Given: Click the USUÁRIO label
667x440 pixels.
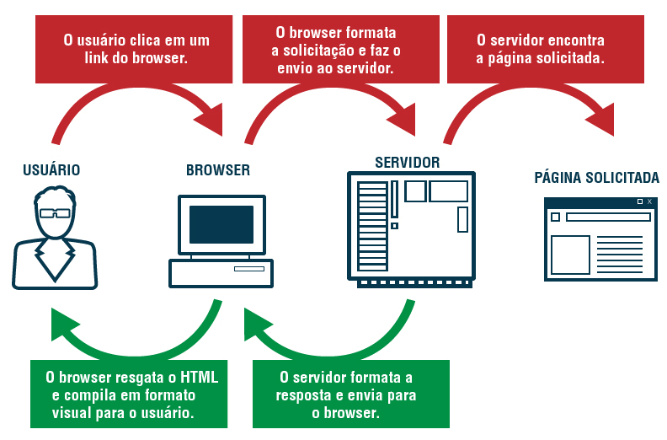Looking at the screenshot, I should pos(51,170).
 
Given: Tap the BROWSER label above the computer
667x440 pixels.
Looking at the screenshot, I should pos(218,170).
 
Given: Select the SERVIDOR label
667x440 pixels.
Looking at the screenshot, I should pos(407,162).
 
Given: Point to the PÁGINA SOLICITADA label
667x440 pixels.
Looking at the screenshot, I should pos(596,178).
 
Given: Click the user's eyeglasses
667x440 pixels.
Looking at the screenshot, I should pos(56,212).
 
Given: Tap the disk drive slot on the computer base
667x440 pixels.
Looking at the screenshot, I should pos(248,269).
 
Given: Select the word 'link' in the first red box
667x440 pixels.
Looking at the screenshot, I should pos(75,59).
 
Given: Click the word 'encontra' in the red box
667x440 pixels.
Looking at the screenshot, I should pos(577,40).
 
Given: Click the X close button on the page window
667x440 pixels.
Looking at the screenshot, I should pos(649,202).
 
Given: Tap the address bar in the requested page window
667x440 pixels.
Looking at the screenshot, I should pos(607,217).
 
